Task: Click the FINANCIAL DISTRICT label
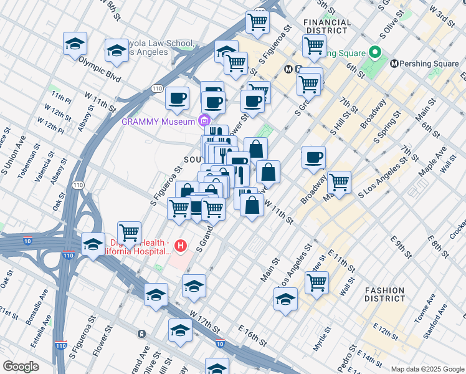(x=325, y=26)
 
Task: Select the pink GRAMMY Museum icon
(x=204, y=120)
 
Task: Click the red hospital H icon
(x=181, y=246)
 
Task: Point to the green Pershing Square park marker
(x=375, y=52)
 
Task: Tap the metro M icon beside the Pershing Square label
(x=394, y=64)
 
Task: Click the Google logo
(x=21, y=367)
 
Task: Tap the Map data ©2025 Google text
(x=427, y=369)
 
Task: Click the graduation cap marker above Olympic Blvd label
(x=75, y=44)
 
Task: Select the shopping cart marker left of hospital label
(x=129, y=233)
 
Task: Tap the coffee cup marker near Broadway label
(x=313, y=156)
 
